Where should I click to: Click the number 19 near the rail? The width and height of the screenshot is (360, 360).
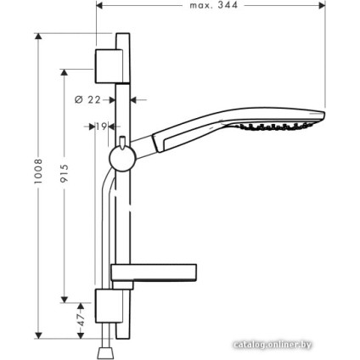101,127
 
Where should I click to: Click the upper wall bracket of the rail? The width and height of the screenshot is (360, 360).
110,59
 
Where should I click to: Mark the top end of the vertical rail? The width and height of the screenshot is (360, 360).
122,36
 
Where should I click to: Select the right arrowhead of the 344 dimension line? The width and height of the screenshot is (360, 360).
323,4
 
